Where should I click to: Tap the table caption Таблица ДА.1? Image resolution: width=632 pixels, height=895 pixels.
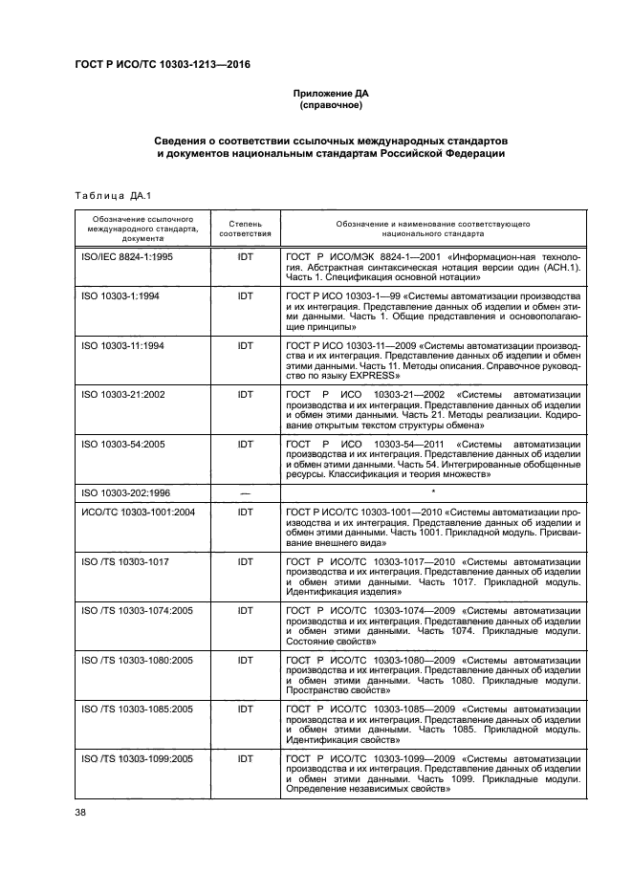(x=107, y=196)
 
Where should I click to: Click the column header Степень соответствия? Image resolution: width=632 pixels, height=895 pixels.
(x=246, y=227)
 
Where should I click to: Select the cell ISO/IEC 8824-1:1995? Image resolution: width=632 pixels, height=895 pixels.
(x=127, y=256)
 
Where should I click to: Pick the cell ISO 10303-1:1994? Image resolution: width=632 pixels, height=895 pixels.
(x=120, y=297)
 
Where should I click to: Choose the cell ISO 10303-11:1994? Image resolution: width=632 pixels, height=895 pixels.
(x=123, y=344)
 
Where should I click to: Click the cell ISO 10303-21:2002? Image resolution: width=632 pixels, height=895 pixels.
(x=123, y=392)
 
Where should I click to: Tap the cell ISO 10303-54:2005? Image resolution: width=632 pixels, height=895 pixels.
(x=123, y=444)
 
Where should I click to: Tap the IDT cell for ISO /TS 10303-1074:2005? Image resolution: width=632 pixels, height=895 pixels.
(x=246, y=609)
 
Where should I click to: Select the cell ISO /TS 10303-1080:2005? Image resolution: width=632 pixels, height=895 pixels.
(x=138, y=659)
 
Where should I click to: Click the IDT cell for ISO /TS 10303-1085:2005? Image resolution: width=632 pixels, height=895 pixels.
(x=246, y=709)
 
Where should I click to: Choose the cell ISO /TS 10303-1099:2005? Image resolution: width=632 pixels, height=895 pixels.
(x=138, y=758)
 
